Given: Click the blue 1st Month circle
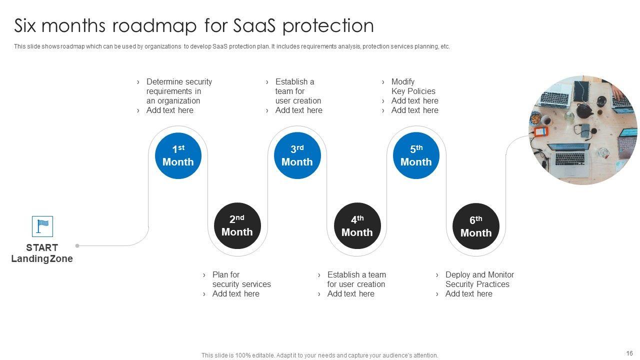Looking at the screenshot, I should (x=178, y=155).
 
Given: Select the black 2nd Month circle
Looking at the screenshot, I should (x=237, y=225).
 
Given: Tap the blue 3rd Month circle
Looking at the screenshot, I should (x=297, y=155).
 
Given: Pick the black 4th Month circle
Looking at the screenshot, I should (x=357, y=226).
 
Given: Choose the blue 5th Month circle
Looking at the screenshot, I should (x=416, y=155).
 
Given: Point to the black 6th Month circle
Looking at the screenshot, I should (x=476, y=226).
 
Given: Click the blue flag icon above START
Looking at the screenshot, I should (x=42, y=226).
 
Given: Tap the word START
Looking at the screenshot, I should (x=42, y=247).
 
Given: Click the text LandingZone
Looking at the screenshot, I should (x=42, y=259).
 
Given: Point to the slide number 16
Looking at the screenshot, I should (x=629, y=353).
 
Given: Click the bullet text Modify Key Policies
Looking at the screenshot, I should (x=413, y=86).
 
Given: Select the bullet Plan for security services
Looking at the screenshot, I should (x=241, y=279).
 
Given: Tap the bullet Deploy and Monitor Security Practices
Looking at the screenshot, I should (x=479, y=279).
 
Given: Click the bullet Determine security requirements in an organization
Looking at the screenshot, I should (x=178, y=91).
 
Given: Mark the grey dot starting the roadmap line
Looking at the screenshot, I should (x=77, y=245).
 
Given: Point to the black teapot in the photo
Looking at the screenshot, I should (x=583, y=110).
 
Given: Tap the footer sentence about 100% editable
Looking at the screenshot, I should (x=319, y=355).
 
